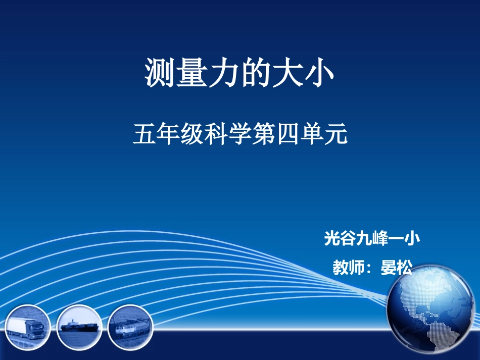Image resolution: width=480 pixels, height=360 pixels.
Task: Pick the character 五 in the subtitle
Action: click(x=143, y=135)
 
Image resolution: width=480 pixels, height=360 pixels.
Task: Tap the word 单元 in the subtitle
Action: click(x=325, y=135)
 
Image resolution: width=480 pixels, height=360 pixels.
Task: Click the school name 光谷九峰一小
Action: click(x=372, y=238)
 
